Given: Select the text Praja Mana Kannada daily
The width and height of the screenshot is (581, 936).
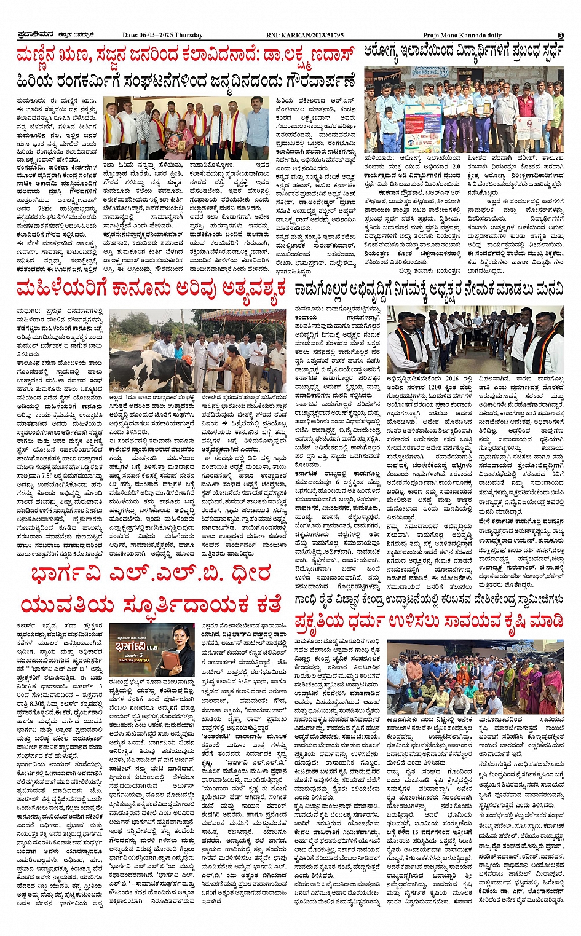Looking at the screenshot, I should (462, 35).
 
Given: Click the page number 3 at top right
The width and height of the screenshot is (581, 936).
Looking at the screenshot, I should (561, 35).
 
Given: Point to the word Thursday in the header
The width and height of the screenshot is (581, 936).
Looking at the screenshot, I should (188, 35).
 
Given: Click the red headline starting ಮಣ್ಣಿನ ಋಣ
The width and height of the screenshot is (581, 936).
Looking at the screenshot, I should (186, 56).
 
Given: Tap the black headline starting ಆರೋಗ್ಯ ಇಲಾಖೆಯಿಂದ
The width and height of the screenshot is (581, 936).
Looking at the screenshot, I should (464, 54).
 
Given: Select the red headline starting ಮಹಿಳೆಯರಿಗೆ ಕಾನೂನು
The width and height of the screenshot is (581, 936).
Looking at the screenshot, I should (151, 288).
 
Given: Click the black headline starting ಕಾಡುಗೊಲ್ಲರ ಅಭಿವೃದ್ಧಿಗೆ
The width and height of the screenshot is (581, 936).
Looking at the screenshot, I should (429, 289).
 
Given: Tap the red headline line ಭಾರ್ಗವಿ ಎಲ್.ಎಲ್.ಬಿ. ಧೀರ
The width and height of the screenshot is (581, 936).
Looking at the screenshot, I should (151, 573).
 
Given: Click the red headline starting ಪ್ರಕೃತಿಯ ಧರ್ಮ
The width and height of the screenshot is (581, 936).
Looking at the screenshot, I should (429, 619).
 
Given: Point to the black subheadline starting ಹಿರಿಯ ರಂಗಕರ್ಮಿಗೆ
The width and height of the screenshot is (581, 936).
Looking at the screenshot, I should (186, 81).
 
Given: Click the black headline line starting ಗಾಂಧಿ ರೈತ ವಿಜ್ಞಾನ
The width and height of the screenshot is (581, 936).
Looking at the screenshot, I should (429, 599).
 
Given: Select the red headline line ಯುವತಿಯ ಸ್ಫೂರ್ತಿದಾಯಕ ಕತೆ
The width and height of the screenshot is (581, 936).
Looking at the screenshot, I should (151, 604).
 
